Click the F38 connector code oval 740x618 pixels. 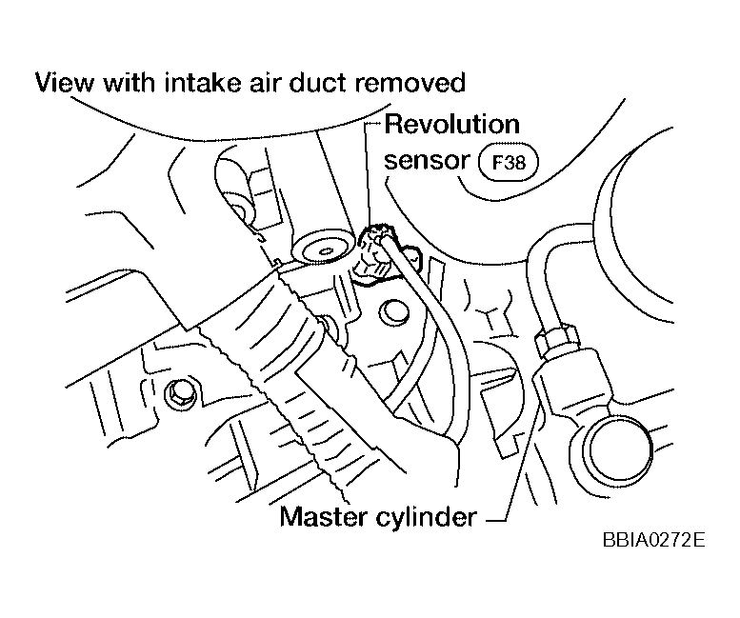click(509, 163)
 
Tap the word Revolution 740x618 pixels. click(452, 125)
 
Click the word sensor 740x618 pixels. click(427, 160)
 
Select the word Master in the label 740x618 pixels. click(324, 516)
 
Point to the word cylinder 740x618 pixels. click(427, 518)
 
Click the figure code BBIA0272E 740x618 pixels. click(653, 540)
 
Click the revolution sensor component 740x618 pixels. click(377, 255)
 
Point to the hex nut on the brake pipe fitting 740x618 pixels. click(555, 339)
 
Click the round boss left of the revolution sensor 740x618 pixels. click(323, 246)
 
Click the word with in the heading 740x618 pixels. click(129, 83)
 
